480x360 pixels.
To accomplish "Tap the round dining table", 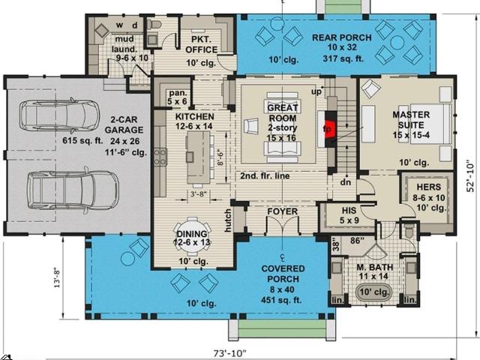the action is (192, 236).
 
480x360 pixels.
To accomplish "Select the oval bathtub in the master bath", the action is (373, 292).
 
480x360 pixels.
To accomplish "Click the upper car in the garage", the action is (59, 115).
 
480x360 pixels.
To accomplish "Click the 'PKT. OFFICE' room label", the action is (202, 44).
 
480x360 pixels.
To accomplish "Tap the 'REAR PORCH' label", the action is (342, 37).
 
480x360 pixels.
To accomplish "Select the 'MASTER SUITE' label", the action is (411, 120).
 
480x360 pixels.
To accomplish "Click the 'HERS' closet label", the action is (429, 187).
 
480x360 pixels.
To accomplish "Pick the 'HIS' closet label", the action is (349, 210).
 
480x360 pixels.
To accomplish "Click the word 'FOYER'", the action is (282, 211).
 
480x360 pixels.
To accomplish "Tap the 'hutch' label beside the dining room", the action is (228, 220).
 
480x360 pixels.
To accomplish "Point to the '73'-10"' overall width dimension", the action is (229, 353).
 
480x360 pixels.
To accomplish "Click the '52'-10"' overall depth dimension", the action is (470, 176).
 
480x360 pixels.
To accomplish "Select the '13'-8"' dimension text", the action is (58, 278).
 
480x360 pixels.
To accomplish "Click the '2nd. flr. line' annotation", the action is (265, 176).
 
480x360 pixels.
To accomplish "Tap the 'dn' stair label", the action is (346, 182).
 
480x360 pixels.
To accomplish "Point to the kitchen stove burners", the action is (160, 157).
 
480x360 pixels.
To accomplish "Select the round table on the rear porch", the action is (397, 43).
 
